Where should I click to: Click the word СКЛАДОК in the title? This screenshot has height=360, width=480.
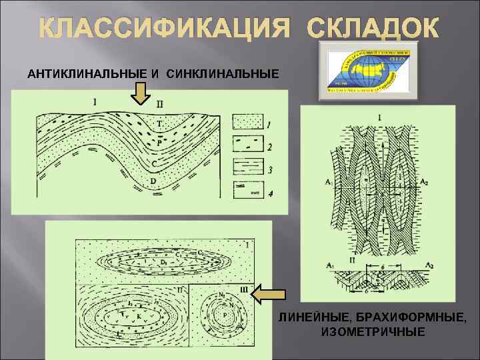pos(373,28)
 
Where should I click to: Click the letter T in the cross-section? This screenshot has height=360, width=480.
pos(159,125)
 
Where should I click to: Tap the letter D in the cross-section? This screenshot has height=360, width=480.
pos(153,180)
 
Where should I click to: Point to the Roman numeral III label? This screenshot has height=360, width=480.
pos(243,288)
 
